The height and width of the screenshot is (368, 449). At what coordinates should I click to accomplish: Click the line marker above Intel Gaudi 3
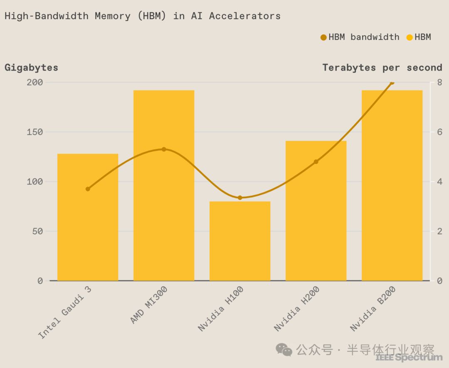coord(88,189)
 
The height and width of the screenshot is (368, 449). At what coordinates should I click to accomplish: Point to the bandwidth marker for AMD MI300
coord(164,149)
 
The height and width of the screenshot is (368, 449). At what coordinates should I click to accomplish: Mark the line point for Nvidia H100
coord(240,197)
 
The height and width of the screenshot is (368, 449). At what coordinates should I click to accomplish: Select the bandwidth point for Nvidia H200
coord(316,161)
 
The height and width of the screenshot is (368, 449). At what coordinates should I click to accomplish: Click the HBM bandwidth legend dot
coord(323,37)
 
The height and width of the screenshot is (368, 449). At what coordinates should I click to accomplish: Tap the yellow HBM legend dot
coord(410,37)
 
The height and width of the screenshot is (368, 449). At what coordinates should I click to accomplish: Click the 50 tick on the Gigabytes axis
coord(37,231)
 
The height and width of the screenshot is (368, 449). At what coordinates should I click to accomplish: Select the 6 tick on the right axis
coord(439,132)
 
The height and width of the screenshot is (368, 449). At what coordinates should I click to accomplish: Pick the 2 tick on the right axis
coord(439,231)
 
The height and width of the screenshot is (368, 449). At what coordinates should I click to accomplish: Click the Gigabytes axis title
coord(31,68)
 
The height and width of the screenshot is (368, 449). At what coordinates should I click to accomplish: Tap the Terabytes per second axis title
coord(382,68)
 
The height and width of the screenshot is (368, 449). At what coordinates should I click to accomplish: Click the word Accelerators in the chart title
coord(245,16)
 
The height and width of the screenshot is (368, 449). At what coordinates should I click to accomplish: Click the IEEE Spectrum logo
coord(409,357)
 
